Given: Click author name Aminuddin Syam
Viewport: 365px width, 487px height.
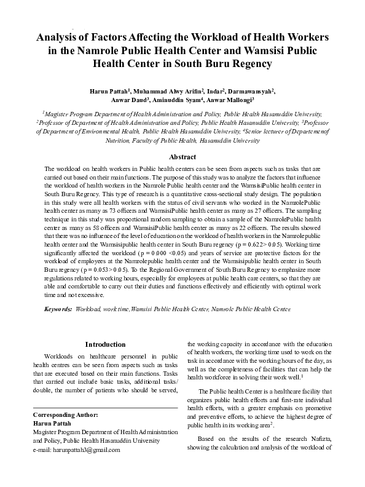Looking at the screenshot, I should [x=179, y=100].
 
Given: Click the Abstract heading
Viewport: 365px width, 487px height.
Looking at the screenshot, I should [x=182, y=157].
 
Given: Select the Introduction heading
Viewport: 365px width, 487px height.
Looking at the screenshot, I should [x=105, y=344].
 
